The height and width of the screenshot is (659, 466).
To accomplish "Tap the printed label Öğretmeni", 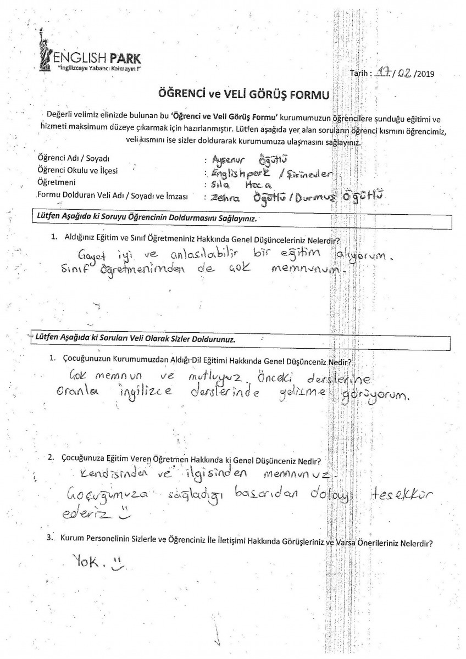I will tap(56, 182).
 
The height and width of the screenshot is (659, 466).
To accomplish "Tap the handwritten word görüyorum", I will tap(382, 396).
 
